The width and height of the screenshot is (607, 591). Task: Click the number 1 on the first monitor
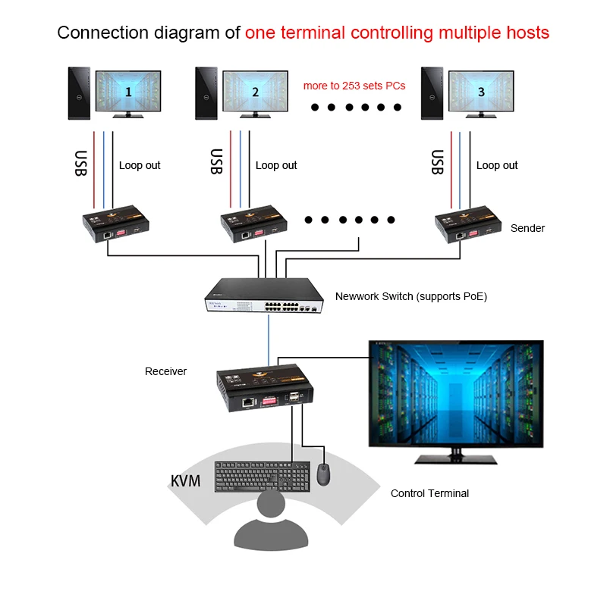click(x=128, y=92)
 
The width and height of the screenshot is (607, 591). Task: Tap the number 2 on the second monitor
click(x=256, y=92)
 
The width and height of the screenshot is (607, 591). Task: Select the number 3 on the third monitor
click(x=481, y=92)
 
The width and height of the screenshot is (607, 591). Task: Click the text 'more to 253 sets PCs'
click(x=354, y=86)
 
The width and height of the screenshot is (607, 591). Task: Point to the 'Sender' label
click(x=527, y=228)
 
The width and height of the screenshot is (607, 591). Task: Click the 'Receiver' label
click(x=165, y=371)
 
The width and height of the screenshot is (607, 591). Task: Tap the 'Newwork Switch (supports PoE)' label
click(x=411, y=296)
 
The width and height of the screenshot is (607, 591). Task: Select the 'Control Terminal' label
click(x=429, y=493)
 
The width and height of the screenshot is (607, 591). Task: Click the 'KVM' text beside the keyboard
click(x=186, y=481)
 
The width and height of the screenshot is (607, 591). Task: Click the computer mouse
click(x=324, y=474)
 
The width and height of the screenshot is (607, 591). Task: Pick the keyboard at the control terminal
click(x=263, y=476)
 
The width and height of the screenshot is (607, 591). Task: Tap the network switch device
click(x=264, y=295)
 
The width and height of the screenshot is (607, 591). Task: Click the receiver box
click(x=265, y=388)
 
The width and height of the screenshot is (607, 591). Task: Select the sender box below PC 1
click(x=116, y=224)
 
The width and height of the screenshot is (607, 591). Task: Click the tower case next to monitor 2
click(x=206, y=93)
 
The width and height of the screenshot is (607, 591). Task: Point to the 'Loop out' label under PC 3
click(x=497, y=165)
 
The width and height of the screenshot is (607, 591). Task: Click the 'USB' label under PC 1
click(x=80, y=163)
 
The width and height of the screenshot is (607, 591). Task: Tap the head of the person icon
click(x=271, y=503)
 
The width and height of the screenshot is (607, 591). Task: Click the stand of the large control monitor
click(x=456, y=456)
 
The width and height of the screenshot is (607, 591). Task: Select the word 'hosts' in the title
click(x=527, y=33)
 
